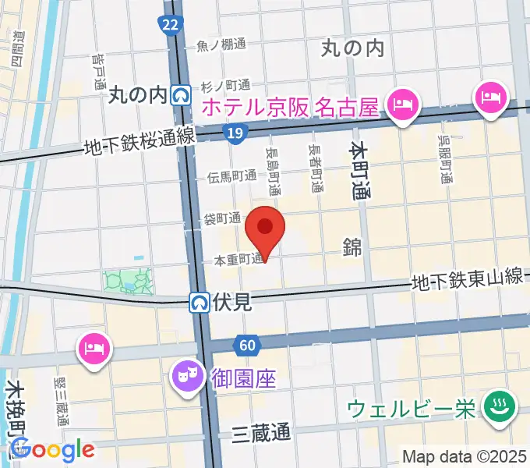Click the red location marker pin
(x=265, y=229)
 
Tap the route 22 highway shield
(x=171, y=26)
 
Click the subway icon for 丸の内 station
(x=182, y=95)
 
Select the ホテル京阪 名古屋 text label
(x=291, y=105)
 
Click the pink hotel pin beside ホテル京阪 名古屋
(x=402, y=104)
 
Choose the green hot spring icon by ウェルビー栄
(x=495, y=406)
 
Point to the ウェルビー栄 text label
(x=411, y=409)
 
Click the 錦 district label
(x=352, y=247)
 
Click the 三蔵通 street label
(x=260, y=434)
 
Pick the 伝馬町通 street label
(x=231, y=176)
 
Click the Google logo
(x=52, y=449)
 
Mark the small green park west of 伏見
(x=128, y=280)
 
